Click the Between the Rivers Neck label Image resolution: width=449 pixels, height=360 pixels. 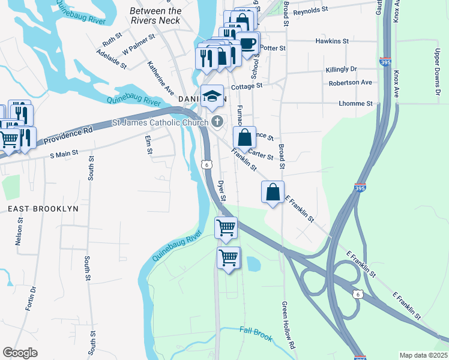pos(155,16)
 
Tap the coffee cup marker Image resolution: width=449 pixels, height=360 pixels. pos(247,43)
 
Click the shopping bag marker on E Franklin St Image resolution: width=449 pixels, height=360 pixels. pos(273,192)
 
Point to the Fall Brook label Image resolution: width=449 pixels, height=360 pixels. pos(256,331)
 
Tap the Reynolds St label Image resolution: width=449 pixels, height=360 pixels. pos(311,10)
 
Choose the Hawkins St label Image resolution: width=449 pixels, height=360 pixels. pos(332,41)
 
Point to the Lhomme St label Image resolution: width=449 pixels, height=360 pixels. pos(356,104)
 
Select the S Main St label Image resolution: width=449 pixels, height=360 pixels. pos(64,154)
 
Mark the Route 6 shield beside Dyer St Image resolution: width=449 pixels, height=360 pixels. pos(206,164)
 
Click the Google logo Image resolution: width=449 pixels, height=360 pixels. pos(20,353)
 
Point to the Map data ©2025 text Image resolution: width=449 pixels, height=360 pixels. pos(423,355)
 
